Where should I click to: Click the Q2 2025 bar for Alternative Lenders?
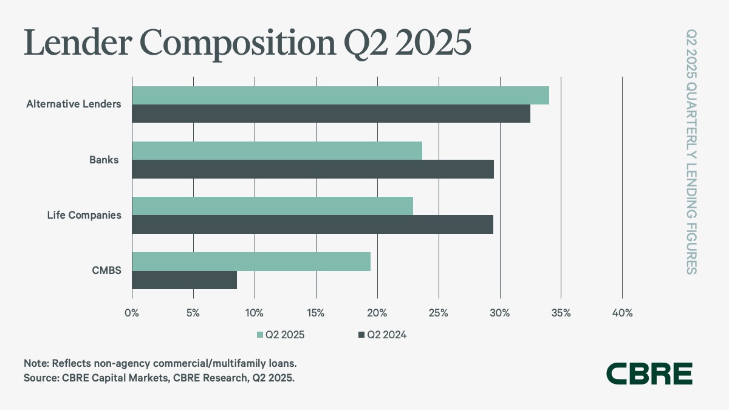tap(340, 95)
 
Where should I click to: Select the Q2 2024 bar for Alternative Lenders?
tap(331, 114)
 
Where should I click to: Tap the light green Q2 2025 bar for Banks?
tap(277, 151)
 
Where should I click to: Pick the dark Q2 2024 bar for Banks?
tap(313, 169)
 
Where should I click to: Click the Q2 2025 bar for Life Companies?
tap(272, 206)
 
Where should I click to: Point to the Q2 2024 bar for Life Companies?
tap(312, 224)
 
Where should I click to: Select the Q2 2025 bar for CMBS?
tap(251, 261)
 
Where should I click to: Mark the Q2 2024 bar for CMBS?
tap(184, 280)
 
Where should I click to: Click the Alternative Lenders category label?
tap(74, 104)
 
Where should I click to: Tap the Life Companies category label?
tap(84, 215)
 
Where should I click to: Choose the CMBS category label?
tap(106, 270)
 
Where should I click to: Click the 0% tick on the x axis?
tap(132, 313)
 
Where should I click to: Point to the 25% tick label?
tap(438, 313)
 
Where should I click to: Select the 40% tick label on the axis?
tap(622, 313)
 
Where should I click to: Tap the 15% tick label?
tap(315, 313)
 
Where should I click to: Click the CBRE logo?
tap(649, 374)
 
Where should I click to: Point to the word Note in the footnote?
tap(35, 363)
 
